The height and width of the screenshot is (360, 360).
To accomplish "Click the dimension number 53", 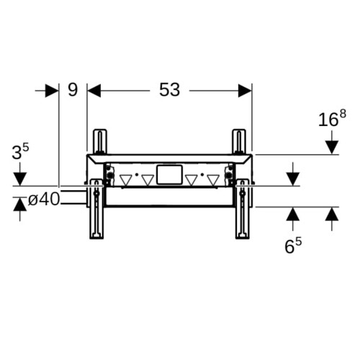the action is [x=169, y=90].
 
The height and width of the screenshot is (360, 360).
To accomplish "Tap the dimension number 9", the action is [x=73, y=90].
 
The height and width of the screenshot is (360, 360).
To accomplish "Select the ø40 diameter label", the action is [x=44, y=199].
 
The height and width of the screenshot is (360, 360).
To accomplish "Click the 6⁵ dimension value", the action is [x=293, y=246].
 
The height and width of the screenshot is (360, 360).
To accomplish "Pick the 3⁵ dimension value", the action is [x=20, y=152].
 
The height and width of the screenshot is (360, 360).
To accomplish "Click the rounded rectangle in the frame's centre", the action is [x=169, y=175].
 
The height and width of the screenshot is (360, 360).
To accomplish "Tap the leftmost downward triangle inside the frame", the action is [x=126, y=181].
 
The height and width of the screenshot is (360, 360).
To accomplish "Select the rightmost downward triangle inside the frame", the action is [x=213, y=181].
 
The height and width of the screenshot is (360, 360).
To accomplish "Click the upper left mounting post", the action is [x=100, y=142].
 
